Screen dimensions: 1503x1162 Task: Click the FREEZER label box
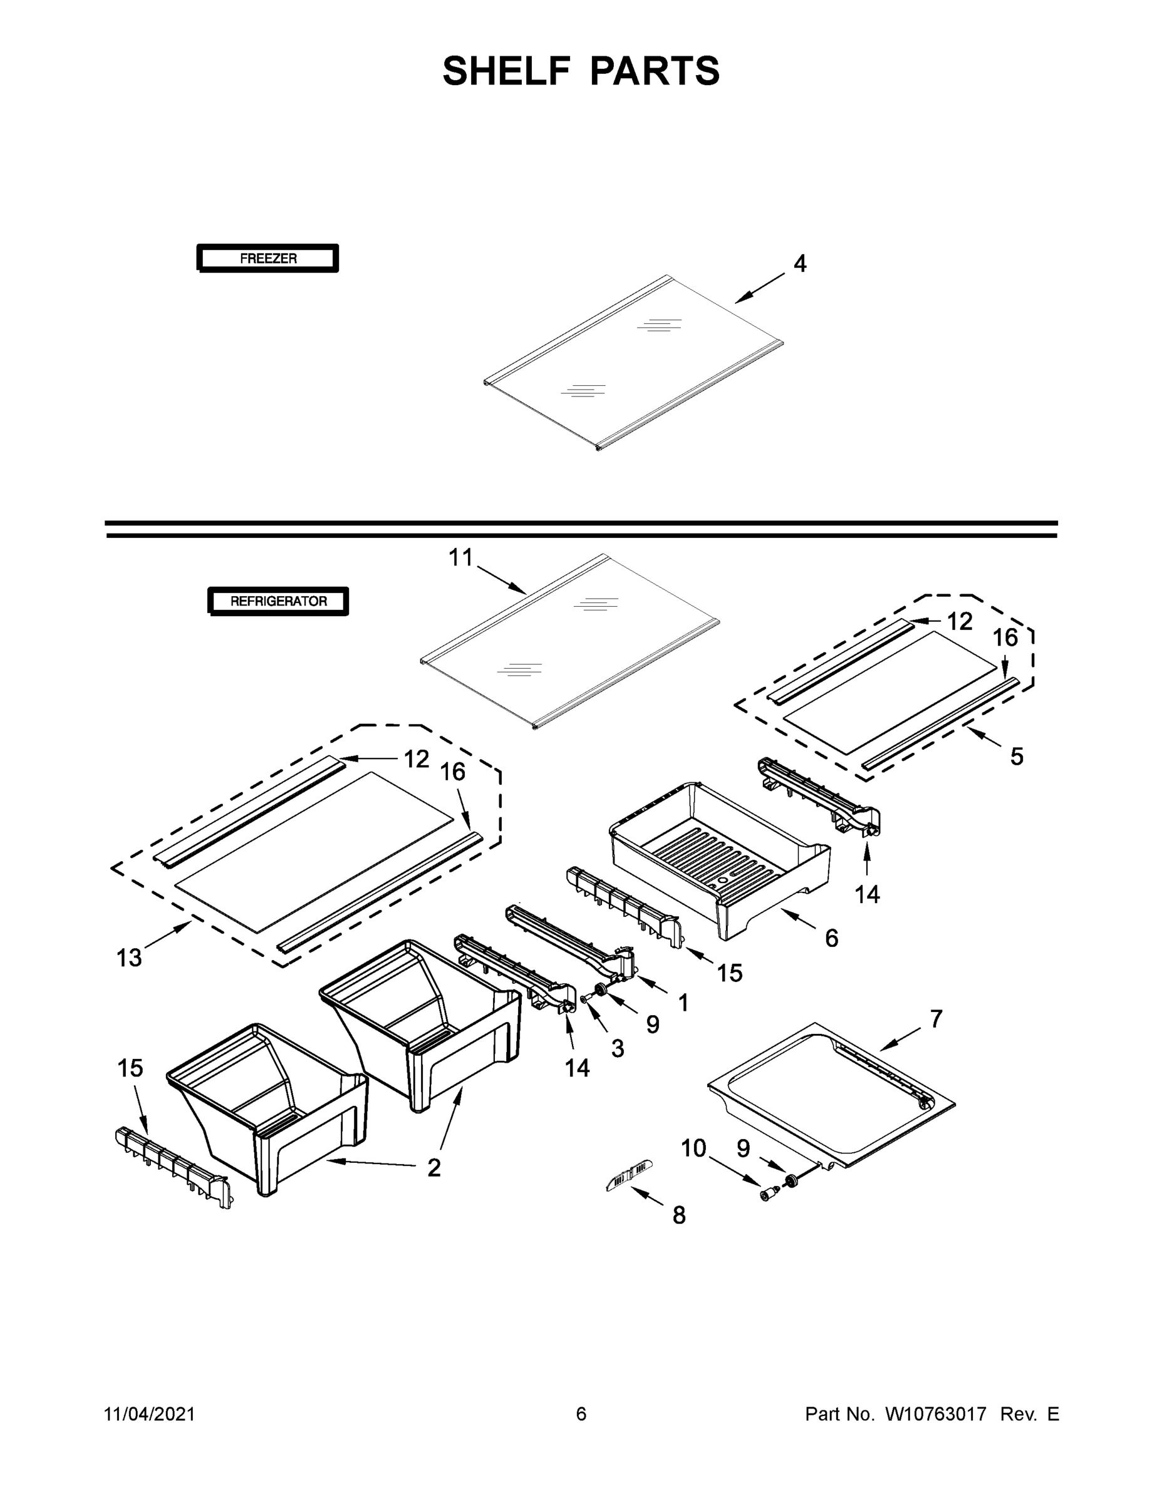pyautogui.click(x=267, y=259)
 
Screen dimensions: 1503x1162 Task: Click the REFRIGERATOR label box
pyautogui.click(x=278, y=601)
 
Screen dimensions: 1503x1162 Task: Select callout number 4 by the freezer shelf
pyautogui.click(x=799, y=264)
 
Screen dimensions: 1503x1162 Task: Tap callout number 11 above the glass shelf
pyautogui.click(x=461, y=557)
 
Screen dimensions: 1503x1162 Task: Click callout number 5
pyautogui.click(x=1017, y=757)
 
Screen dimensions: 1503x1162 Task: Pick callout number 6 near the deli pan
pyautogui.click(x=832, y=937)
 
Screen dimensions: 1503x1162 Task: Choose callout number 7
pyautogui.click(x=936, y=1018)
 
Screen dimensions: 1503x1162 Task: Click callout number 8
pyautogui.click(x=679, y=1216)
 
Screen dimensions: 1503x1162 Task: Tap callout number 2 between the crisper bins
pyautogui.click(x=433, y=1167)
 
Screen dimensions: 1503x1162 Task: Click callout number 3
pyautogui.click(x=618, y=1048)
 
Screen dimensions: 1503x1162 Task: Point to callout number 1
pyautogui.click(x=683, y=1003)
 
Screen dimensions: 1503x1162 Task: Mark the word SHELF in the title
pyautogui.click(x=506, y=71)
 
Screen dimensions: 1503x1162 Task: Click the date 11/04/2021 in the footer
pyautogui.click(x=149, y=1413)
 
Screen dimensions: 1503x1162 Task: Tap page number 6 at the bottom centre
pyautogui.click(x=581, y=1413)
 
